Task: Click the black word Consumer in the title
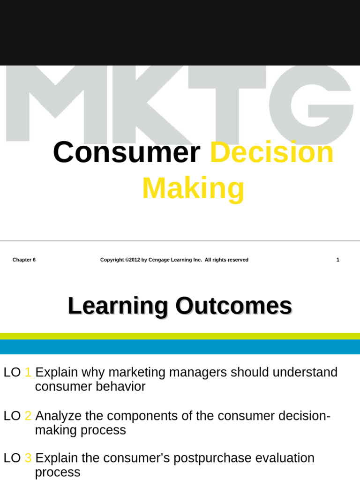click(x=126, y=153)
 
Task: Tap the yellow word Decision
click(x=272, y=153)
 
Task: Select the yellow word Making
click(x=193, y=188)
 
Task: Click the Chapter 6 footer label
click(x=24, y=260)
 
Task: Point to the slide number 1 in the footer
click(x=337, y=260)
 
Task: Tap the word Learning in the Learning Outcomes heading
click(x=118, y=307)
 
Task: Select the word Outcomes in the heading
click(x=233, y=307)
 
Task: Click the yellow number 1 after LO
click(x=28, y=373)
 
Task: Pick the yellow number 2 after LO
click(x=28, y=416)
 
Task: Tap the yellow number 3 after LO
click(x=28, y=458)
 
